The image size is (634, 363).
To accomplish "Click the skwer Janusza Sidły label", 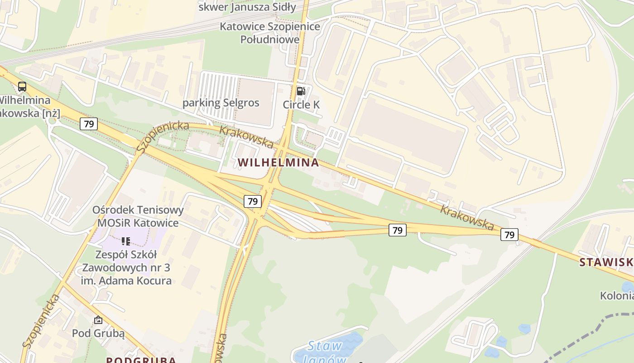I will pyautogui.click(x=247, y=7).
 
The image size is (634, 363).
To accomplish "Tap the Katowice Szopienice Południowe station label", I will pyautogui.click(x=270, y=33).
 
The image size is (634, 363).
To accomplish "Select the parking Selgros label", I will pyautogui.click(x=221, y=103).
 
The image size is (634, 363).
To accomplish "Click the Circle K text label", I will pyautogui.click(x=301, y=105).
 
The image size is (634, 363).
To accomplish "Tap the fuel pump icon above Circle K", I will pyautogui.click(x=301, y=91).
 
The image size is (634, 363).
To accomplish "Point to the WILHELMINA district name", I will pyautogui.click(x=278, y=162).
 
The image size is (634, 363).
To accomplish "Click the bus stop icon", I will pyautogui.click(x=22, y=86).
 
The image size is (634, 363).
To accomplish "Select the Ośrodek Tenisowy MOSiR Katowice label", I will pyautogui.click(x=138, y=216).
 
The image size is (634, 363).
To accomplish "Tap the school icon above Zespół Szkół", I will pyautogui.click(x=126, y=241).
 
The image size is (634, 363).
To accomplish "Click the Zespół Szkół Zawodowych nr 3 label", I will pyautogui.click(x=126, y=268).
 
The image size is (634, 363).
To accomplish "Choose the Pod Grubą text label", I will pyautogui.click(x=98, y=333).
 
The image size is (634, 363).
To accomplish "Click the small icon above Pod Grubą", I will pyautogui.click(x=98, y=320).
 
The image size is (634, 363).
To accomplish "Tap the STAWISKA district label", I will pyautogui.click(x=607, y=262).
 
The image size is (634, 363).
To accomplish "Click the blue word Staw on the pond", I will pyautogui.click(x=325, y=346).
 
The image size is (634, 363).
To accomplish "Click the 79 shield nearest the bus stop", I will pyautogui.click(x=89, y=123).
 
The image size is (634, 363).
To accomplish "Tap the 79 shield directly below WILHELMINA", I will pyautogui.click(x=253, y=201).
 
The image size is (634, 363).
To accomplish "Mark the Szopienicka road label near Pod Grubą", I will pyautogui.click(x=41, y=321).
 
